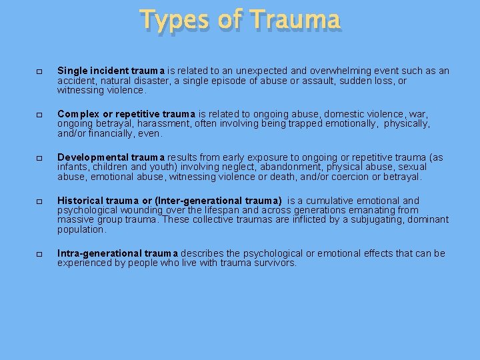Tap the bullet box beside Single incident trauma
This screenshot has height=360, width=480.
click(x=39, y=71)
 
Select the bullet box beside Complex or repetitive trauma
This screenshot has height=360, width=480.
click(x=39, y=115)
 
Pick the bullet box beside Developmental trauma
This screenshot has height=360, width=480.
click(x=39, y=158)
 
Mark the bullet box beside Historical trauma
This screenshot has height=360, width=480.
click(x=39, y=201)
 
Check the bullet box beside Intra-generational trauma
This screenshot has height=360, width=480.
click(x=39, y=254)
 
